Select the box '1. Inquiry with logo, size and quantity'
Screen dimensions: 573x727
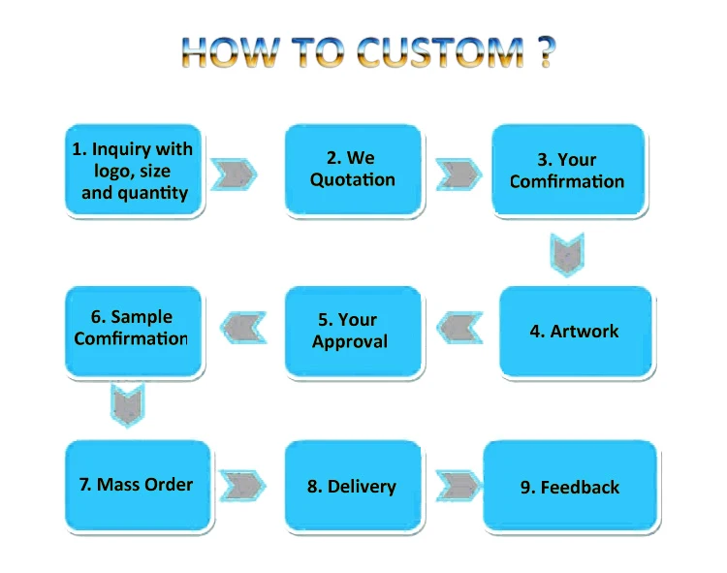tap(134, 171)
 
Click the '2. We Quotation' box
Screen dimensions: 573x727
tap(352, 170)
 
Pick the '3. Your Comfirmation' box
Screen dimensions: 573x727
tap(567, 171)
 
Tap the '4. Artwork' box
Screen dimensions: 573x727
tap(574, 332)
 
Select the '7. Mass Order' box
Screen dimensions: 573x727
tap(138, 485)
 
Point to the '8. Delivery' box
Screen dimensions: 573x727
tap(352, 486)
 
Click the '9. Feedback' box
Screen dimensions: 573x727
tap(570, 486)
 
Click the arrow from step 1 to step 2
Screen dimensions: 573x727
tap(236, 174)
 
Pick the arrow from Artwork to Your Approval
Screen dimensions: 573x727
tap(459, 329)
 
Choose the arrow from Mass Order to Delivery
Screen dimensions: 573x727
tap(243, 485)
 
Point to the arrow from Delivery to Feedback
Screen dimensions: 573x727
tap(458, 485)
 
